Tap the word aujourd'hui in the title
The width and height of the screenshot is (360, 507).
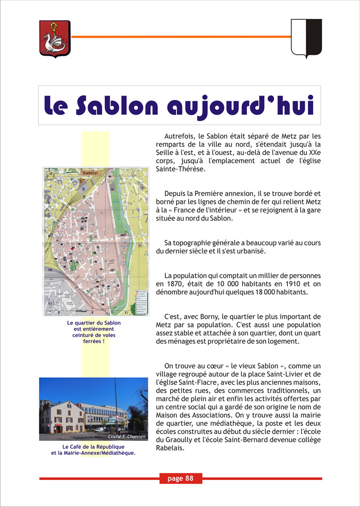[x=240, y=106]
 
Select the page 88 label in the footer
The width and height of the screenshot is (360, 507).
[x=180, y=479]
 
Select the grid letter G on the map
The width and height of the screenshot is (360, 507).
[x=127, y=312]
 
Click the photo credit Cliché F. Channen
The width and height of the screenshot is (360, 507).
[x=127, y=437]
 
